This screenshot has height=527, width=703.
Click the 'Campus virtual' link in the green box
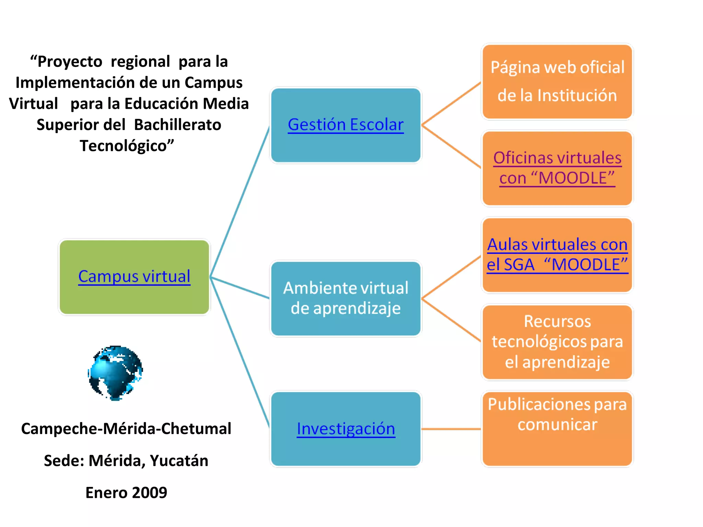134,276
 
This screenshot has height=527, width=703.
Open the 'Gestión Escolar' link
346,125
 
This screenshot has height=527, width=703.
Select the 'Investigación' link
346,429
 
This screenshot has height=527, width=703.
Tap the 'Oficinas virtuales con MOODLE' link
557,168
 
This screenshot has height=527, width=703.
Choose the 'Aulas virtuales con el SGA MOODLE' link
557,255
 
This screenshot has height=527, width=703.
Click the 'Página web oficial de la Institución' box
557,81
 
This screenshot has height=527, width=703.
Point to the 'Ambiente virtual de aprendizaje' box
346,298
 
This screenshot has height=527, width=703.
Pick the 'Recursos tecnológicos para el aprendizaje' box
557,342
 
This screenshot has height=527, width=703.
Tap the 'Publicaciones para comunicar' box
557,429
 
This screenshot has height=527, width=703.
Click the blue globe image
115,373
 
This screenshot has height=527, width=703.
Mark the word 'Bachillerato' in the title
177,125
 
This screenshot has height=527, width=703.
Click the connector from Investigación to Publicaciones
451,429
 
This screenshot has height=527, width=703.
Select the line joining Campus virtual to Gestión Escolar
240,202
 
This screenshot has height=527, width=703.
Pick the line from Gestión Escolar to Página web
451,104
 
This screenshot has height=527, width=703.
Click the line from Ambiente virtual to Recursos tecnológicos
451,320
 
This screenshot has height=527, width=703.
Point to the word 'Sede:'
64,461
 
